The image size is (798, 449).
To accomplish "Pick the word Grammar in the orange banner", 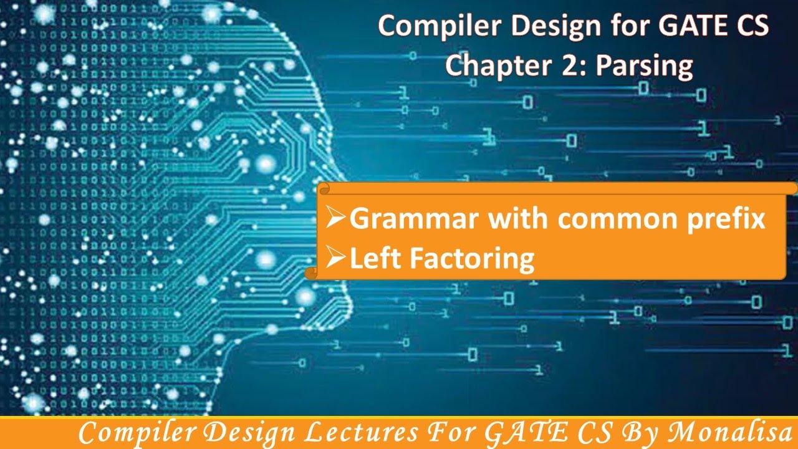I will [x=415, y=220].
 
